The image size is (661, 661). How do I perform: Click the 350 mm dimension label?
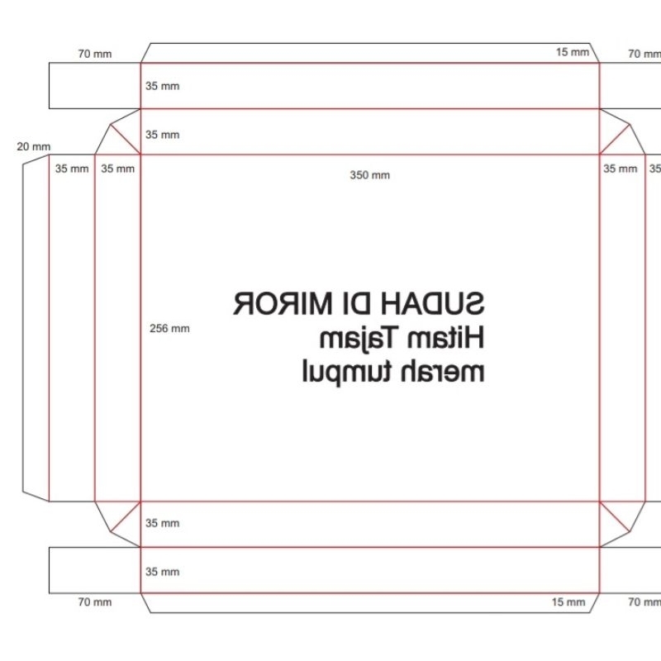[369, 175]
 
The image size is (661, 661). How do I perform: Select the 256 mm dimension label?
[169, 328]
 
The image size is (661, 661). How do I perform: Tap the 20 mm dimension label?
[34, 147]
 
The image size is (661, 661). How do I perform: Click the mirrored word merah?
[442, 372]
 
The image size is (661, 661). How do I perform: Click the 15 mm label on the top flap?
[572, 52]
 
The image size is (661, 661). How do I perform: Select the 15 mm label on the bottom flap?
[568, 602]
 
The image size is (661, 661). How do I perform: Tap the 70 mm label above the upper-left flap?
[95, 54]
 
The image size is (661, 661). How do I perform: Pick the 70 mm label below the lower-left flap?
[95, 602]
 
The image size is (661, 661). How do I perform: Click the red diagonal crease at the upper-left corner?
[126, 139]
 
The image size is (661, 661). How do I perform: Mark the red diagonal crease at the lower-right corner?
[615, 516]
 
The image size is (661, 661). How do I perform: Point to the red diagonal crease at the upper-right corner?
[615, 139]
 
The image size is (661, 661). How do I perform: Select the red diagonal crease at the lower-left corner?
[126, 516]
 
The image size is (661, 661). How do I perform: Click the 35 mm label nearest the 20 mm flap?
[72, 169]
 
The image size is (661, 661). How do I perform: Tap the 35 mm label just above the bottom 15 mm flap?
[162, 572]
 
